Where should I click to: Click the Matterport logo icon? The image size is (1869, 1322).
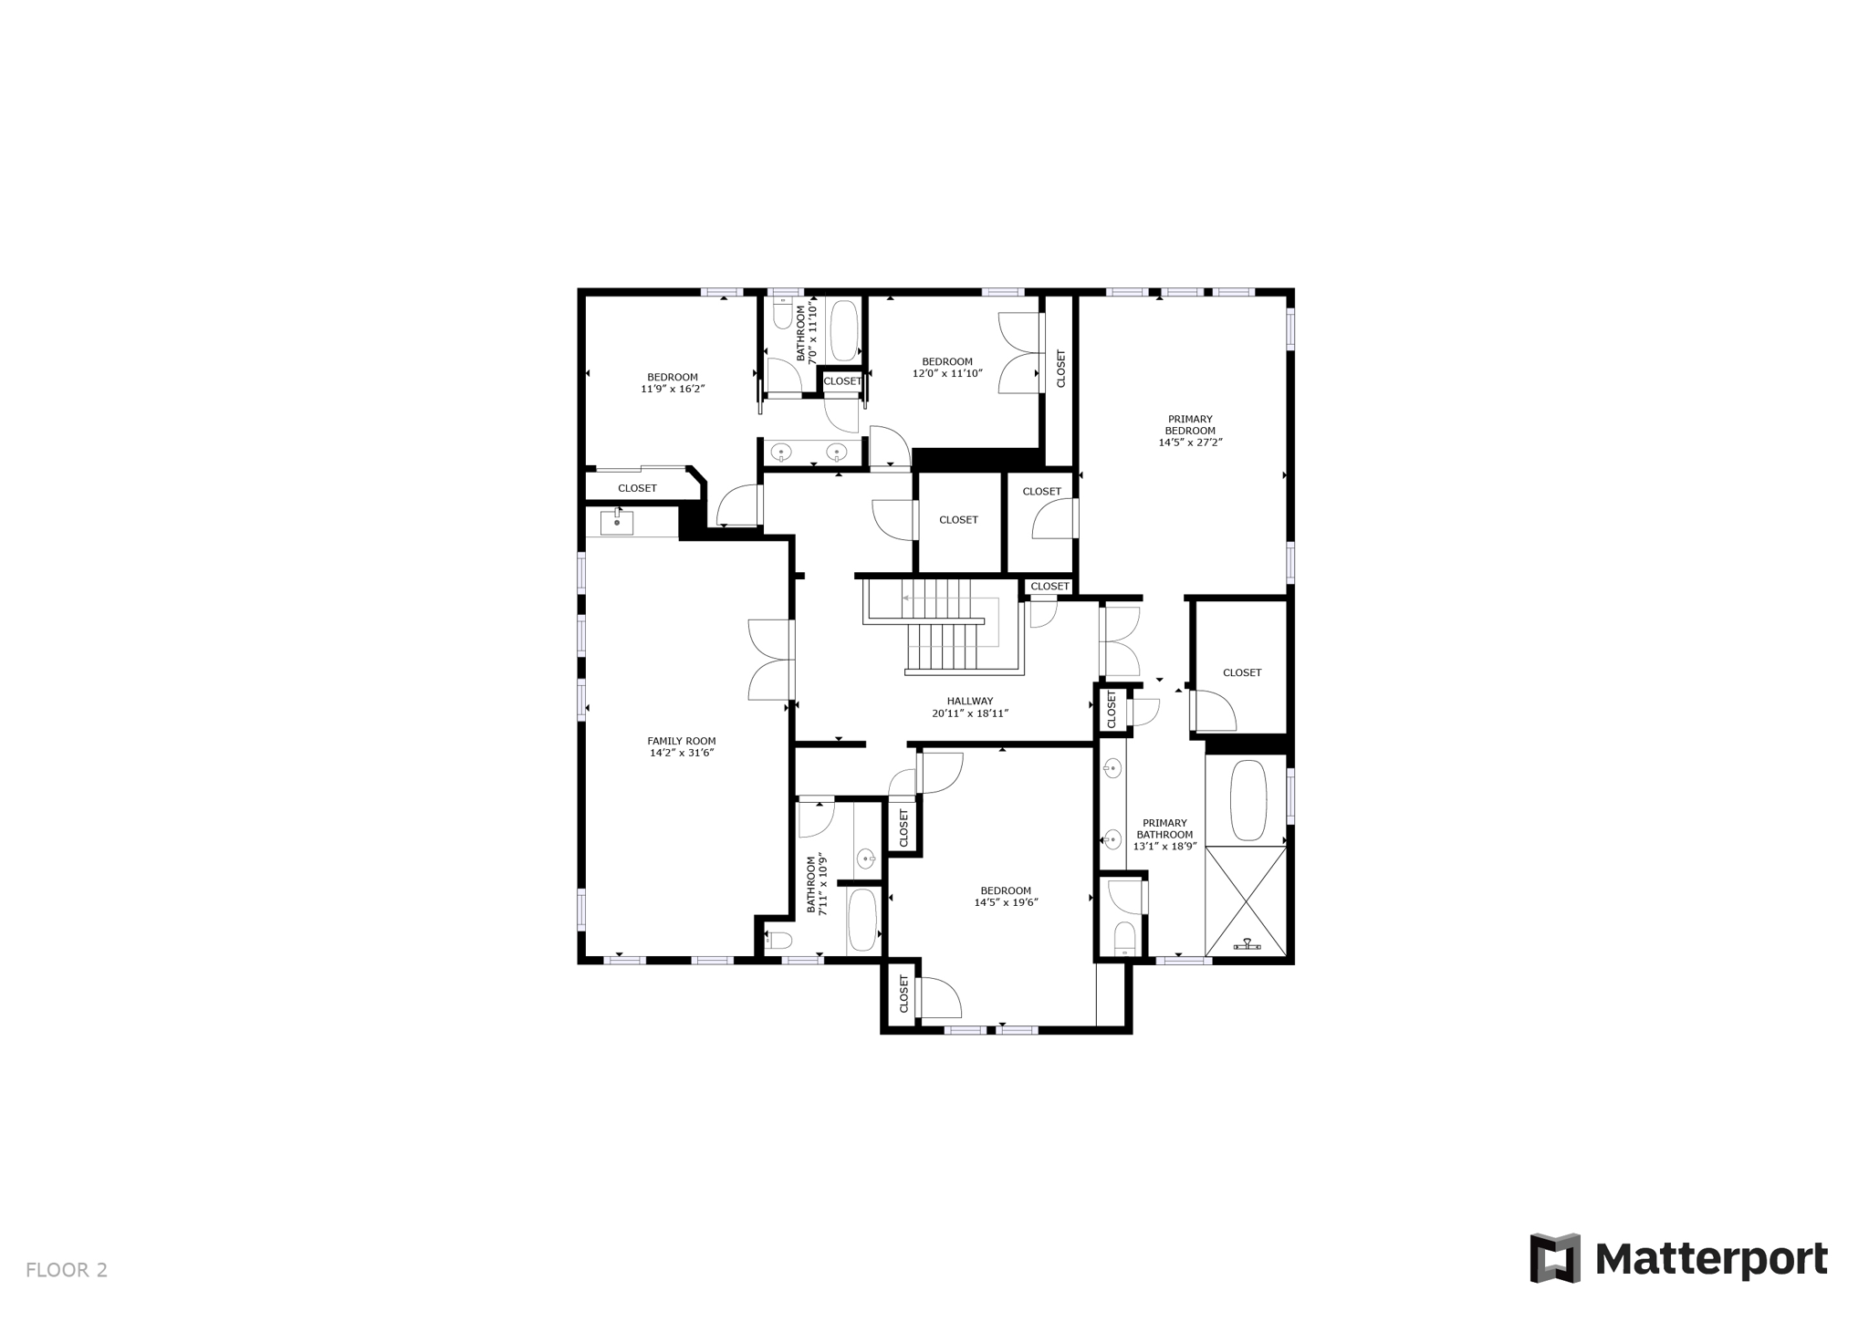coord(1555,1258)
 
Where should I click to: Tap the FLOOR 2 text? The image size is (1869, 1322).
coord(67,1270)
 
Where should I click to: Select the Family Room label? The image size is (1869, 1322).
coord(682,741)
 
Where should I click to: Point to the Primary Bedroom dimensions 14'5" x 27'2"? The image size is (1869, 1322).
coord(1190,442)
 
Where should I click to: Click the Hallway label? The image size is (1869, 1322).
coord(969,701)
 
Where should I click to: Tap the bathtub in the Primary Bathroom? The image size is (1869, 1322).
coord(1248,800)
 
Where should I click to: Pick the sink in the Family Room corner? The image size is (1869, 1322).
coord(617,523)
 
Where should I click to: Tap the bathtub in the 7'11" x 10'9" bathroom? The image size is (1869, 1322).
coord(862,920)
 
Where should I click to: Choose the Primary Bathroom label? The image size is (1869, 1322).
coord(1164,828)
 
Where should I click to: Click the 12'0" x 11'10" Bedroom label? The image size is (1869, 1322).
coord(947,361)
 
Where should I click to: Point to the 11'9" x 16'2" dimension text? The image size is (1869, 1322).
coord(673,389)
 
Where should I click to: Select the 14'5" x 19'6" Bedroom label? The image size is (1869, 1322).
coord(1006,890)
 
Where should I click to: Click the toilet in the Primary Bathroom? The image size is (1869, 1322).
coord(1125,937)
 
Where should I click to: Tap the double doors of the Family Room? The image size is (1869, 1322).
coord(771,659)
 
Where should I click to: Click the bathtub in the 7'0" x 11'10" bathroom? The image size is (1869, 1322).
coord(844,330)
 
